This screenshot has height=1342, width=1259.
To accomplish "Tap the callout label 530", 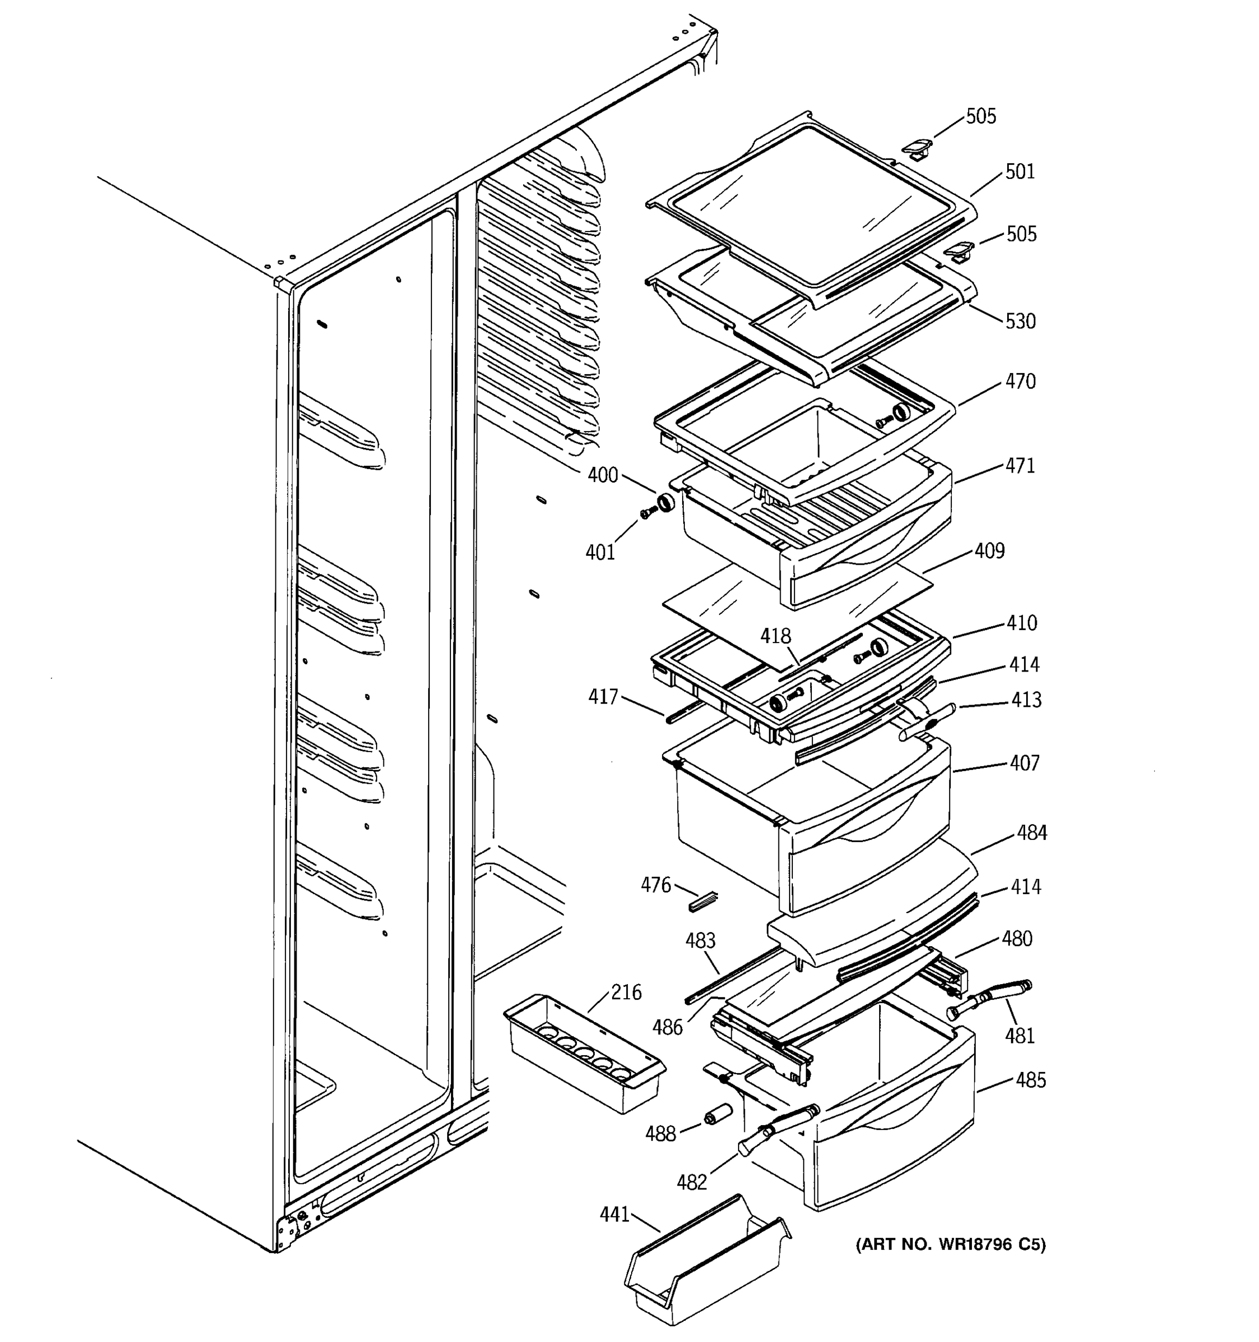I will coord(1020,322).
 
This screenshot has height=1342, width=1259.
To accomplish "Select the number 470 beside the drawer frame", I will coord(1020,381).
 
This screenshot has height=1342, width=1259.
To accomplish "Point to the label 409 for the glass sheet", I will coord(989,551).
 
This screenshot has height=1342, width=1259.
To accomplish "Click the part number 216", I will coord(626,993).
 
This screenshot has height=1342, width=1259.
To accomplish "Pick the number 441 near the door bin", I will coord(614,1215).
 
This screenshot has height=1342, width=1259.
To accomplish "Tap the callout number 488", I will coord(660,1134).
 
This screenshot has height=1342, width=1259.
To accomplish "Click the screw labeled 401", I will coord(647,514).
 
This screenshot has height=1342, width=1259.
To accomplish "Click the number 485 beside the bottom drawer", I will coord(1030,1080).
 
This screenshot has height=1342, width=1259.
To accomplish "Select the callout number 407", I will coord(1024,763).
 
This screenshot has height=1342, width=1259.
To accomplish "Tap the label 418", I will coord(776,636).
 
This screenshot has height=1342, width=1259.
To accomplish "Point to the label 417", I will coord(603,696).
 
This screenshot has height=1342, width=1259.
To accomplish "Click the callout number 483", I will coord(700,941).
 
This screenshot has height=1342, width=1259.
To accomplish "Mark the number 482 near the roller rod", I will coord(692,1182).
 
